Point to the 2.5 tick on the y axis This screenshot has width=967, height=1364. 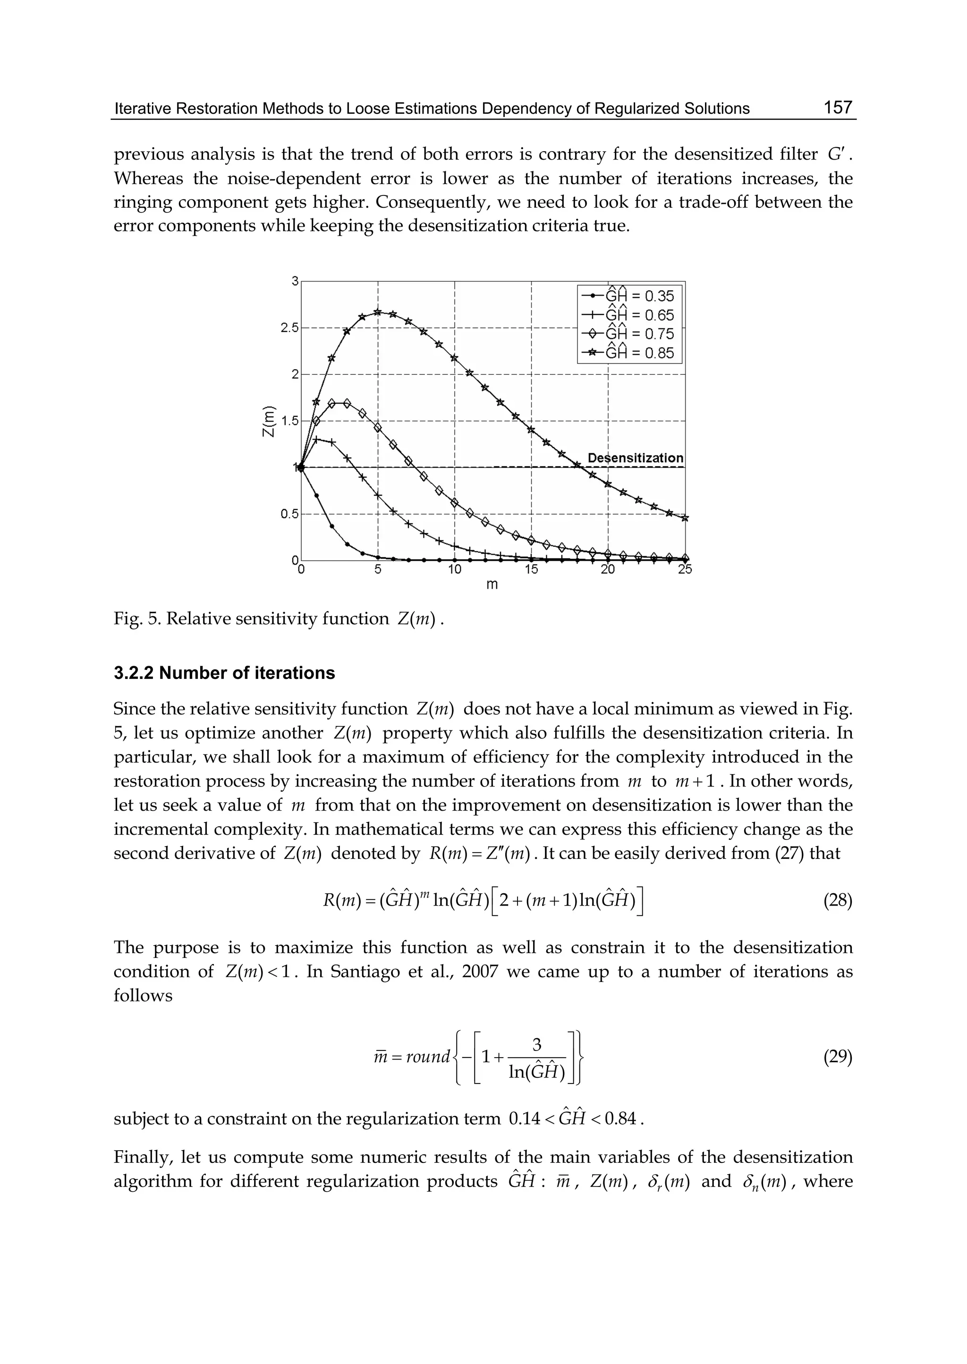click(290, 328)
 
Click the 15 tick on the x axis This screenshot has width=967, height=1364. click(531, 570)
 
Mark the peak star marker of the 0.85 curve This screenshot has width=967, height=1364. click(378, 312)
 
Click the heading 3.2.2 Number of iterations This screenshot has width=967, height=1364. click(224, 673)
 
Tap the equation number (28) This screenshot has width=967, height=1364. click(837, 901)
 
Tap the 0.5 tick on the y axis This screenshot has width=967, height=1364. click(290, 514)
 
